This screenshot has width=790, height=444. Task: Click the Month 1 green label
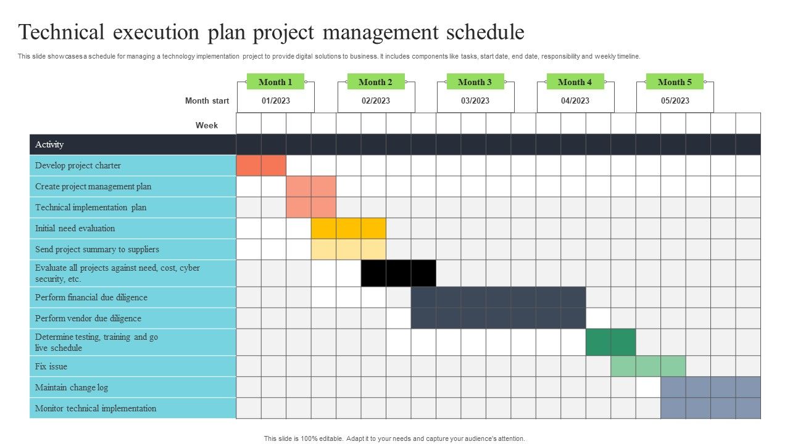pos(275,82)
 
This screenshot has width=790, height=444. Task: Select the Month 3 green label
pos(475,82)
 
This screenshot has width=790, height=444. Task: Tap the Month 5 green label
pos(675,82)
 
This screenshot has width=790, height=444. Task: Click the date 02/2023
pos(376,101)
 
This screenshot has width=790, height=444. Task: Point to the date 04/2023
pos(575,101)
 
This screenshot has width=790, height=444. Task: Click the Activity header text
pos(49,144)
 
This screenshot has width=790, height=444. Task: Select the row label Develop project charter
pos(78,166)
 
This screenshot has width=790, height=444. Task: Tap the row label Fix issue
pos(51,366)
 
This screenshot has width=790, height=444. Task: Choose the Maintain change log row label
pos(72,388)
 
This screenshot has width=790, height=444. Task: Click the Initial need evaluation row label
pos(75,228)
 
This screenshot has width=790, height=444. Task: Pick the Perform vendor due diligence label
pos(88,318)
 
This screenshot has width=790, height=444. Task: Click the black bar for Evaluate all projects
pos(399,273)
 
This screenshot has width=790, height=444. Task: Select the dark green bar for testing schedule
pos(611,342)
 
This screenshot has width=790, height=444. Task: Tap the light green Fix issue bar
pos(648,366)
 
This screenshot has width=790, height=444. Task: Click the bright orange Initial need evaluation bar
pos(349,228)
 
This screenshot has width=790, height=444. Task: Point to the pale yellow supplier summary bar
pos(349,250)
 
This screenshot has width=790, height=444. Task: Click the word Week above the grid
pos(207,125)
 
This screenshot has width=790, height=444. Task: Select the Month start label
pos(207,101)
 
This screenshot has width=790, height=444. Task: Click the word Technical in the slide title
pos(61,32)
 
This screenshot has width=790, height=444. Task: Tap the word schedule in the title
pos(485,32)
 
